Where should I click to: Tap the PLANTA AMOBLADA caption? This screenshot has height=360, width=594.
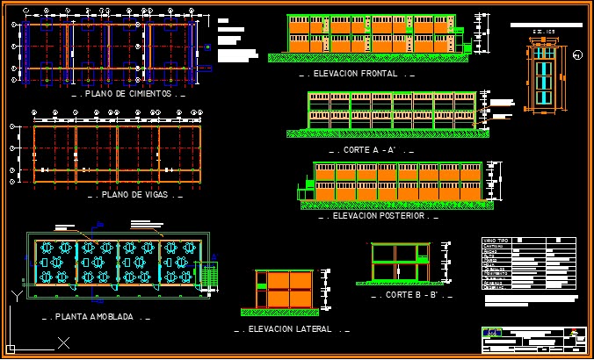(x=96, y=316)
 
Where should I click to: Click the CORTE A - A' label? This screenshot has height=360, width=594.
(x=370, y=150)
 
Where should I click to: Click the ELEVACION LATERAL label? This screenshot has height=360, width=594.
(x=289, y=329)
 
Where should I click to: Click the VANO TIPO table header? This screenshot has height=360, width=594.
(x=496, y=241)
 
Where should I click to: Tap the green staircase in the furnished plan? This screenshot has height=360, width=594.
(x=209, y=274)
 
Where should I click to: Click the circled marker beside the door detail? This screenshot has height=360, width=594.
(x=576, y=55)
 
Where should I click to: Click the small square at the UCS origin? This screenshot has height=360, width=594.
(x=12, y=347)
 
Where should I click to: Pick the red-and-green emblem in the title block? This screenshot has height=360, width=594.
(x=576, y=333)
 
